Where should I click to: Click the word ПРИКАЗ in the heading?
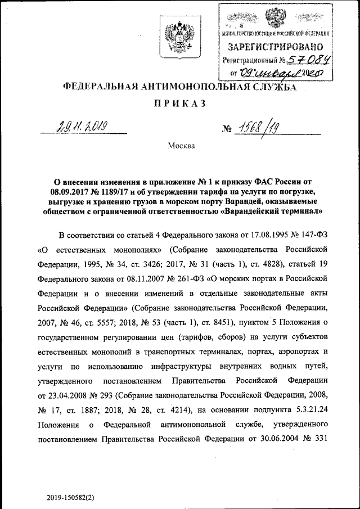[x=179, y=104]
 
